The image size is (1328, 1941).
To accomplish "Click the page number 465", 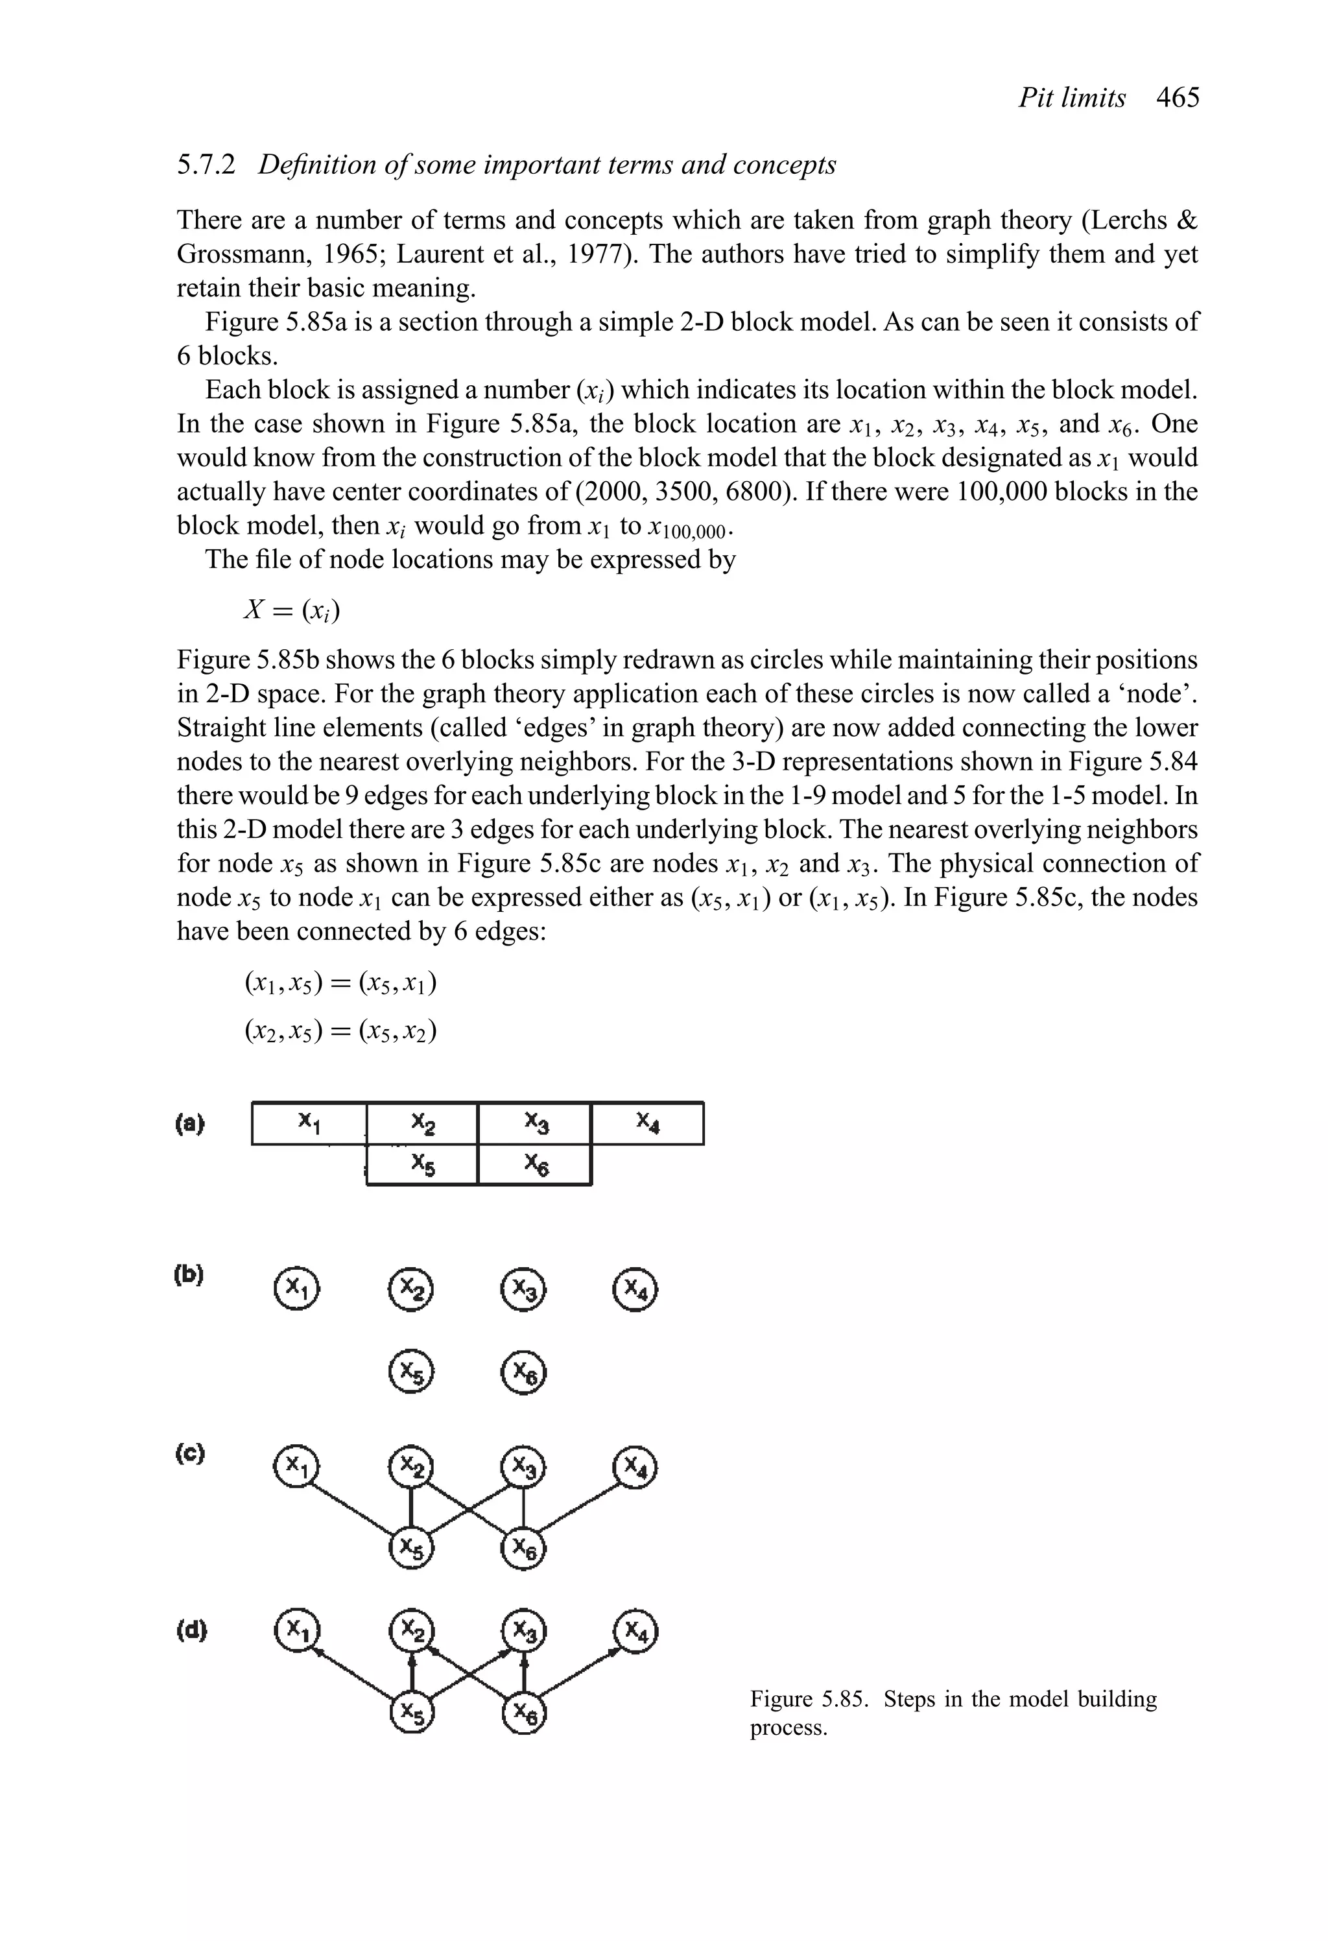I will tap(1178, 99).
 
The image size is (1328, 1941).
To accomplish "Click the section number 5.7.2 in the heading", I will tap(206, 165).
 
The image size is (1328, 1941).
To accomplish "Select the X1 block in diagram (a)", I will tap(309, 1123).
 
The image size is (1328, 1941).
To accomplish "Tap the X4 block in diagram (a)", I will tap(647, 1123).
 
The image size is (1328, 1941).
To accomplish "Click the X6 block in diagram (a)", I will tap(534, 1164).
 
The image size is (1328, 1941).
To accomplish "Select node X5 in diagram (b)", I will tap(412, 1372).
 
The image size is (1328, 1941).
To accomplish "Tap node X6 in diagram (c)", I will tap(524, 1551).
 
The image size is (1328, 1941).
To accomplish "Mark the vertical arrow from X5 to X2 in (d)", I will tap(412, 1673).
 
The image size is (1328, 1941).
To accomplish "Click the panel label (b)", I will tap(189, 1276).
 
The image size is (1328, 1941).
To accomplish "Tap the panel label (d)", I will tap(191, 1630).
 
